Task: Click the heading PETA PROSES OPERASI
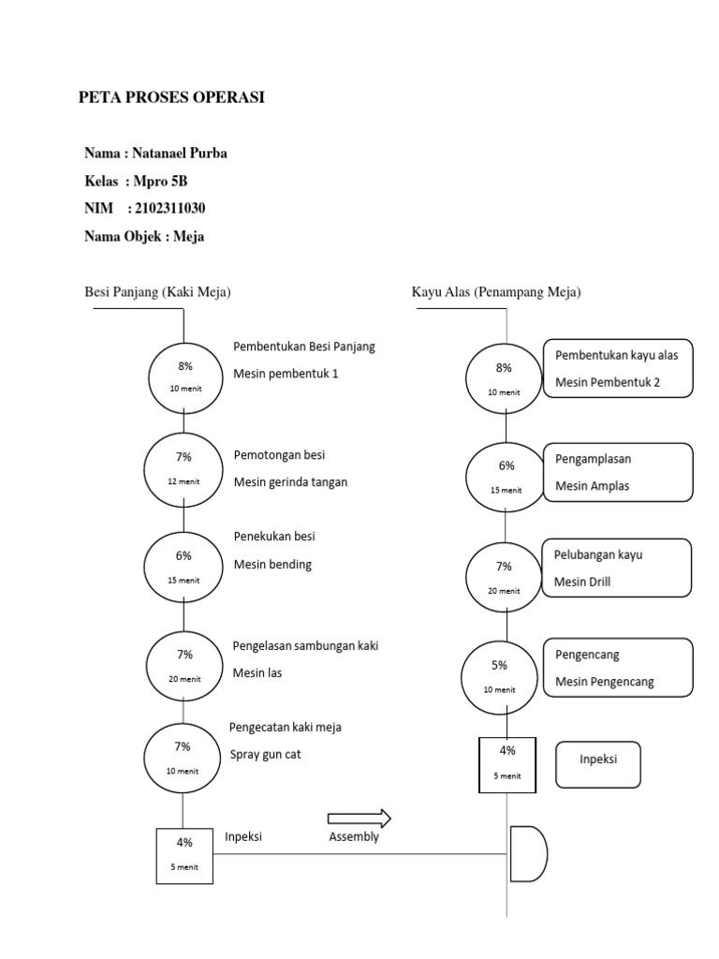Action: click(x=171, y=97)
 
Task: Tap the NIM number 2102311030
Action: click(x=170, y=208)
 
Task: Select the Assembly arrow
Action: click(x=359, y=819)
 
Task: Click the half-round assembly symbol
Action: click(x=527, y=853)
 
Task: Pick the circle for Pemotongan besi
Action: click(x=183, y=467)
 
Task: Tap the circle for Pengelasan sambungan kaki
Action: click(x=184, y=665)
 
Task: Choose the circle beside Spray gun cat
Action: click(x=183, y=757)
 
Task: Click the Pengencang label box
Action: click(x=619, y=668)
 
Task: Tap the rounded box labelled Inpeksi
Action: click(x=598, y=765)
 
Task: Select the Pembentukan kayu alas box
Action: click(x=618, y=368)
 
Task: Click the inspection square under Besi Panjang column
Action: click(x=183, y=854)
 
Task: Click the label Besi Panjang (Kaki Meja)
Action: click(x=158, y=292)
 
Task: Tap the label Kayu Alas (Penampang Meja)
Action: click(x=496, y=292)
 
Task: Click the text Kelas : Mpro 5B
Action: click(x=142, y=181)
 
